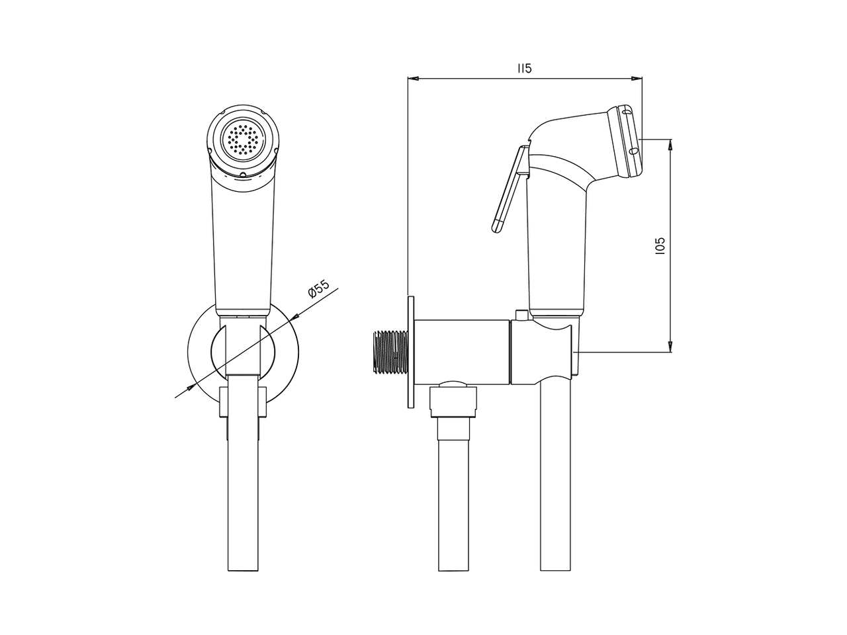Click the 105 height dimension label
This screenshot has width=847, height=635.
coord(658,245)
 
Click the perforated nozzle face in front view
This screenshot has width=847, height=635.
coord(243,140)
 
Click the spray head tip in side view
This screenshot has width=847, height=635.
coord(627,140)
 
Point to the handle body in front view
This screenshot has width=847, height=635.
coord(242,245)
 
